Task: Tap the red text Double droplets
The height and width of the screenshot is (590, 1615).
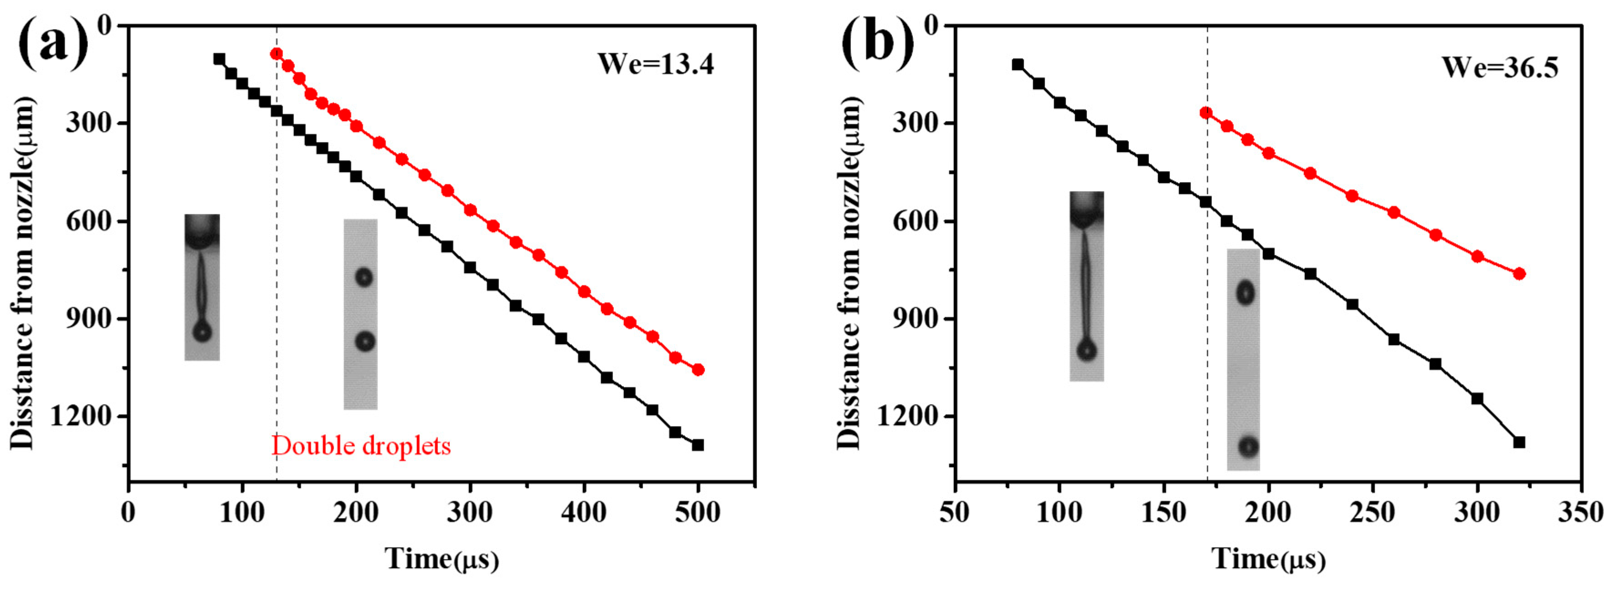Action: pos(360,446)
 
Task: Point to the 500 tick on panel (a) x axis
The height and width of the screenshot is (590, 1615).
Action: pos(698,512)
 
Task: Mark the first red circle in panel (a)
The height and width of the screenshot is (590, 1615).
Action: pos(276,54)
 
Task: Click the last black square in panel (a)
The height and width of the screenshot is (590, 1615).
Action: pos(698,445)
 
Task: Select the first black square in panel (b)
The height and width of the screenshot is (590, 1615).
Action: pos(1018,65)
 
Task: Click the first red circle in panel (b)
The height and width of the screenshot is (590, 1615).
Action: pos(1206,113)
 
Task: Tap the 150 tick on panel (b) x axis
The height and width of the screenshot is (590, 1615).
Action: pos(1163,512)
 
